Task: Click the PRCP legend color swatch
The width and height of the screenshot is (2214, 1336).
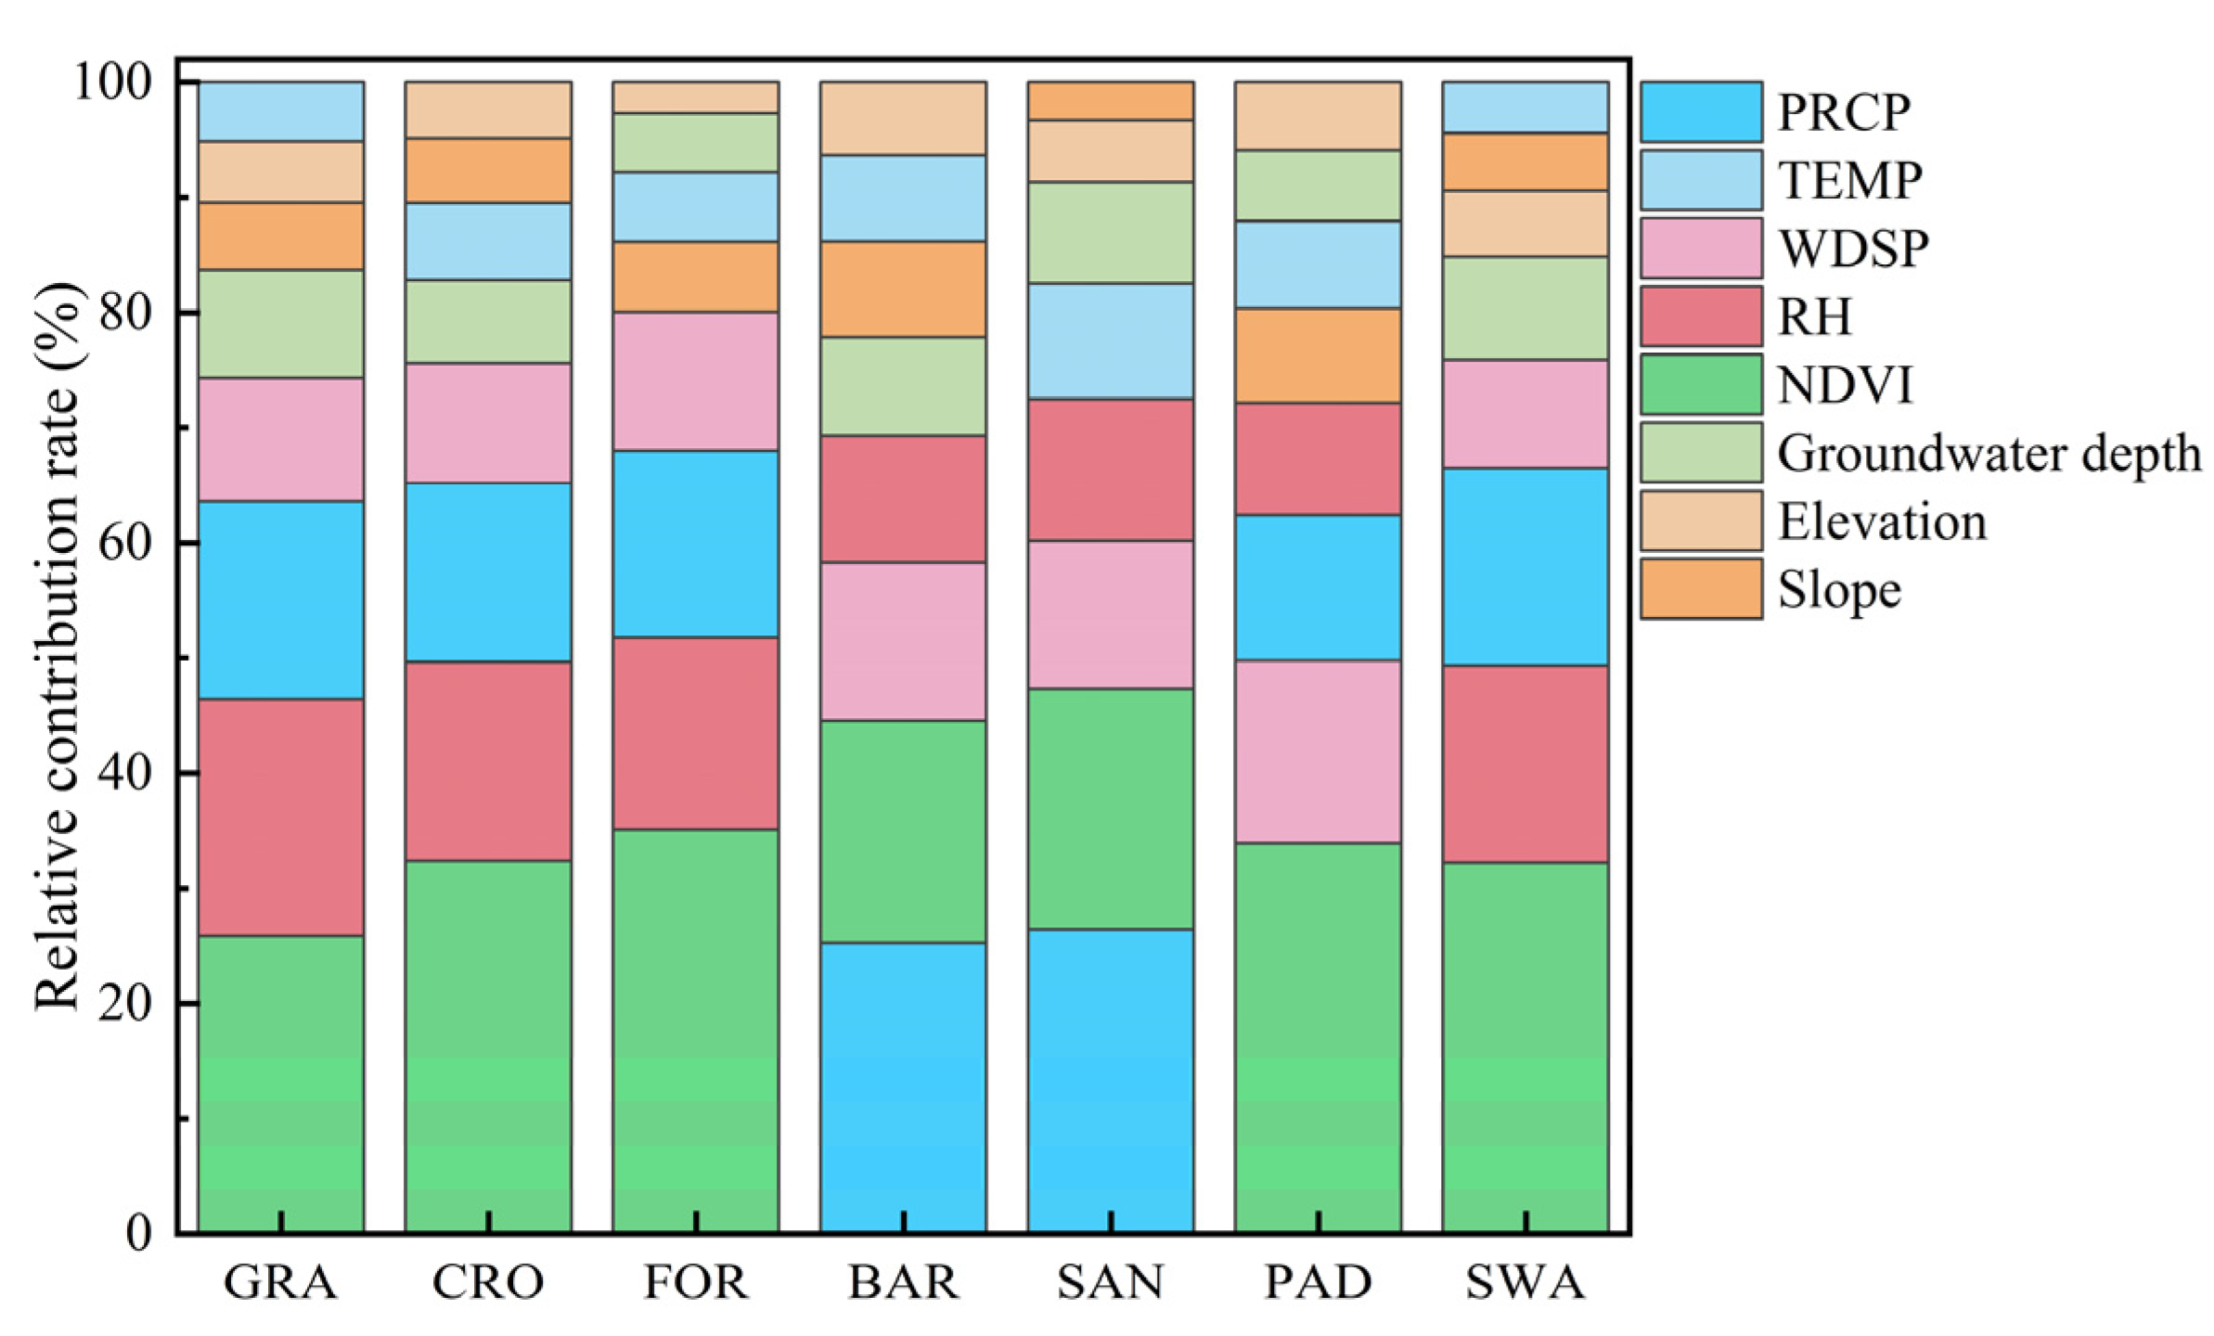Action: (1700, 111)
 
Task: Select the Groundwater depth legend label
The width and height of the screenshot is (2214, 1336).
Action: (1988, 454)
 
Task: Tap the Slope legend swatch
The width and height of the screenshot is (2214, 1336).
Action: (1700, 588)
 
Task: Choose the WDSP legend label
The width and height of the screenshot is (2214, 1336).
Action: (1852, 248)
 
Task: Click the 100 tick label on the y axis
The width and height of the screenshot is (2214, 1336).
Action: (111, 83)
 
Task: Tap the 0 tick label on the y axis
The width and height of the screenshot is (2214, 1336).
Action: (138, 1233)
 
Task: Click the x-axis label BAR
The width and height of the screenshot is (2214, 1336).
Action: (902, 1282)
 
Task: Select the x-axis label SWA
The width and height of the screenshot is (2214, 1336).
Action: (1525, 1282)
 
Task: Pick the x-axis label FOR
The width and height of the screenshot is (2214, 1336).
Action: (695, 1282)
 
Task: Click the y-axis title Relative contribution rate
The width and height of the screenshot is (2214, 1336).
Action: (58, 646)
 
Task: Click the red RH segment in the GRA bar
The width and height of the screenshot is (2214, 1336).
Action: (281, 816)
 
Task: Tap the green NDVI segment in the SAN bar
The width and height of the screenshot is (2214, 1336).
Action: (1110, 808)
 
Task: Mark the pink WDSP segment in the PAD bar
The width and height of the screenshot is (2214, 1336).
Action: (1318, 751)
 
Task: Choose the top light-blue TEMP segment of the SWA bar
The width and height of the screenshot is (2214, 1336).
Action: (1525, 108)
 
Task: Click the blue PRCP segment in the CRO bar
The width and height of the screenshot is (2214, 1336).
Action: (488, 572)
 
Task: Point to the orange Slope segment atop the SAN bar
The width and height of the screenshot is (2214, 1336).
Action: (1110, 101)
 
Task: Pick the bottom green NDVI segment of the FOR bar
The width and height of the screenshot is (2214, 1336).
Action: (695, 1031)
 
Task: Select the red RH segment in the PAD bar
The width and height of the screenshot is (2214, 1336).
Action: (1318, 459)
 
